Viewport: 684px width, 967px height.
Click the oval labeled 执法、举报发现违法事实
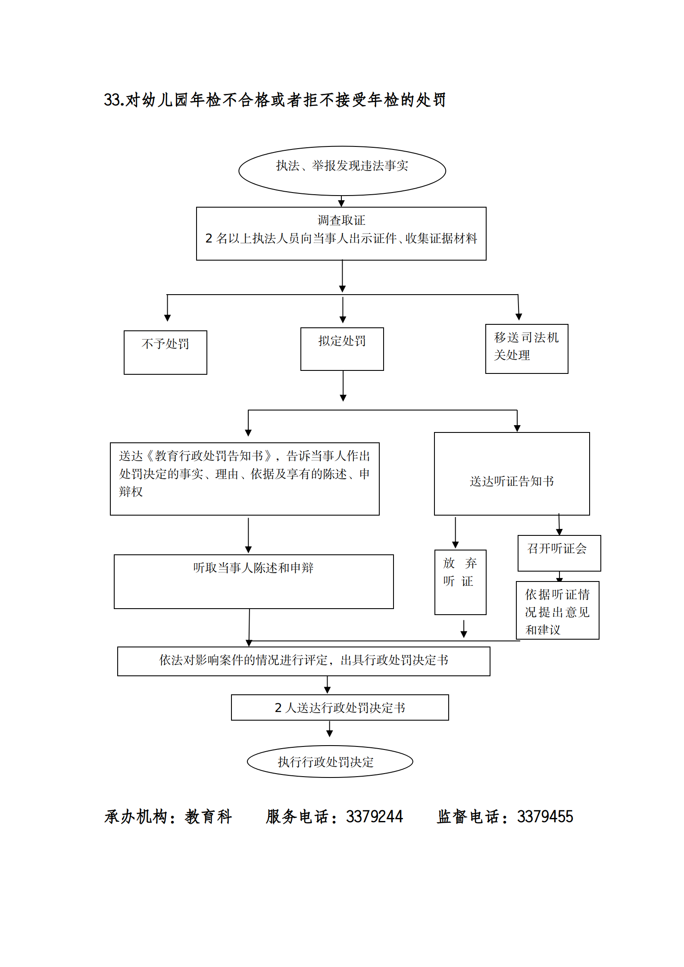pos(342,170)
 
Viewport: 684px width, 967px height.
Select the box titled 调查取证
pos(341,233)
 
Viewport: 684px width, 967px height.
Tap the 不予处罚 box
pos(165,352)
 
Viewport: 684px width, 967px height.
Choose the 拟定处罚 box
pos(342,348)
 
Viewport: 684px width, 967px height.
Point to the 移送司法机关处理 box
pos(526,348)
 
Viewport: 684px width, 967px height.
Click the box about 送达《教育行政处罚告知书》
pos(244,478)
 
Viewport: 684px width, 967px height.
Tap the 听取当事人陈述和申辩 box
pos(253,581)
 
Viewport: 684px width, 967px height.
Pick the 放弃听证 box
pos(460,581)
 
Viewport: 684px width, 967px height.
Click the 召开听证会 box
pos(559,553)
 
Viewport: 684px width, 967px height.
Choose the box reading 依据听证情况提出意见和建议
pos(557,610)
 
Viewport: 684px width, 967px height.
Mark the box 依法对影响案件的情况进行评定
pos(303,661)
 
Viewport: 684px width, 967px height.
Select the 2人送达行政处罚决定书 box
pos(340,707)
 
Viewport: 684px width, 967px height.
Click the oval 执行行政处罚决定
pos(330,762)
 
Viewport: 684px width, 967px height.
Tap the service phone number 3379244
pos(374,817)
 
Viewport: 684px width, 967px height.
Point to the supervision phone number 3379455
pos(545,817)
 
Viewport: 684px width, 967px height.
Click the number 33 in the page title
pos(111,100)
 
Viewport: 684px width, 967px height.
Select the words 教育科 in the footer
pos(209,817)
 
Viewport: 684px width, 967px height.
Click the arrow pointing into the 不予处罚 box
pos(167,309)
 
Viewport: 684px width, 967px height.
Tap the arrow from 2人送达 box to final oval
pos(329,729)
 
